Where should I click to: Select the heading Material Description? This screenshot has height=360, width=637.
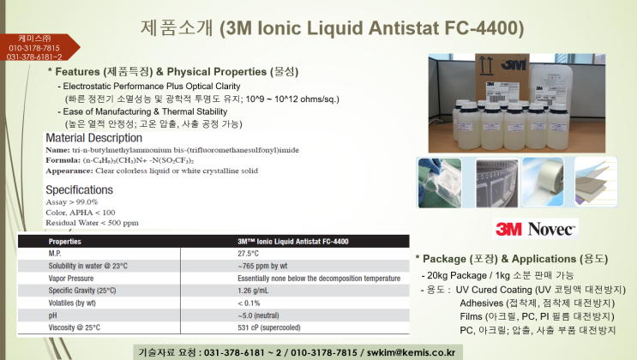tap(93, 137)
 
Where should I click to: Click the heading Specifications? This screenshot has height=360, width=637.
tap(79, 189)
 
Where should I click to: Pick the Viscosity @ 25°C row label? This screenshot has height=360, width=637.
tap(75, 327)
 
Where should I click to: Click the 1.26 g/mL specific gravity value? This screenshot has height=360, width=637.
tap(255, 291)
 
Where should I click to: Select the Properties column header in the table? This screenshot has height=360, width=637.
tap(65, 242)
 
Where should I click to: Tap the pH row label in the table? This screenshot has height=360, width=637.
tap(53, 315)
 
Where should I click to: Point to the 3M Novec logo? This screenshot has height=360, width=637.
tap(536, 229)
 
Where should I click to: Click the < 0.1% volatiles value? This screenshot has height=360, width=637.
tap(249, 303)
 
